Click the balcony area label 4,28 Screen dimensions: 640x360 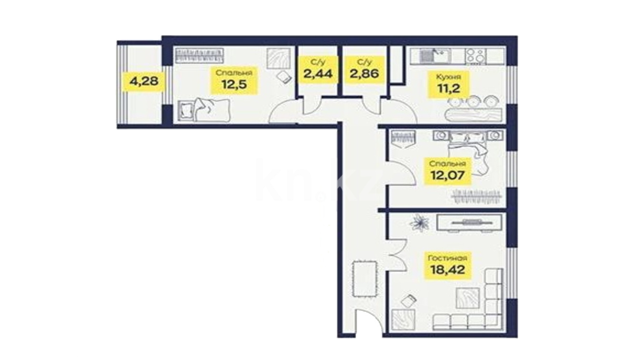[x=144, y=81]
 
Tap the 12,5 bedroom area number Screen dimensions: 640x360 [x=234, y=85]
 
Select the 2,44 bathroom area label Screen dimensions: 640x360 [x=318, y=74]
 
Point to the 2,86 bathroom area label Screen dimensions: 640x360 [x=364, y=74]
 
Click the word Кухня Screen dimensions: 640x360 [x=448, y=77]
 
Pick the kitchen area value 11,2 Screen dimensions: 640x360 [x=448, y=89]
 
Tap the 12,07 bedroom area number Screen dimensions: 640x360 [x=448, y=175]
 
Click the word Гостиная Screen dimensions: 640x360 [x=448, y=258]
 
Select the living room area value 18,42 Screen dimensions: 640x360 [x=448, y=270]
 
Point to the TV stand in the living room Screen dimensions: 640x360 [x=469, y=222]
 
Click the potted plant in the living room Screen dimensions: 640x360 [x=419, y=222]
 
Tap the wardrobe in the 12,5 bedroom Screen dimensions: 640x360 [x=199, y=56]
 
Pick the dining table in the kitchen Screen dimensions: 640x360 [x=473, y=115]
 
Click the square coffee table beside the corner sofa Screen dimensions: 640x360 [x=467, y=298]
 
